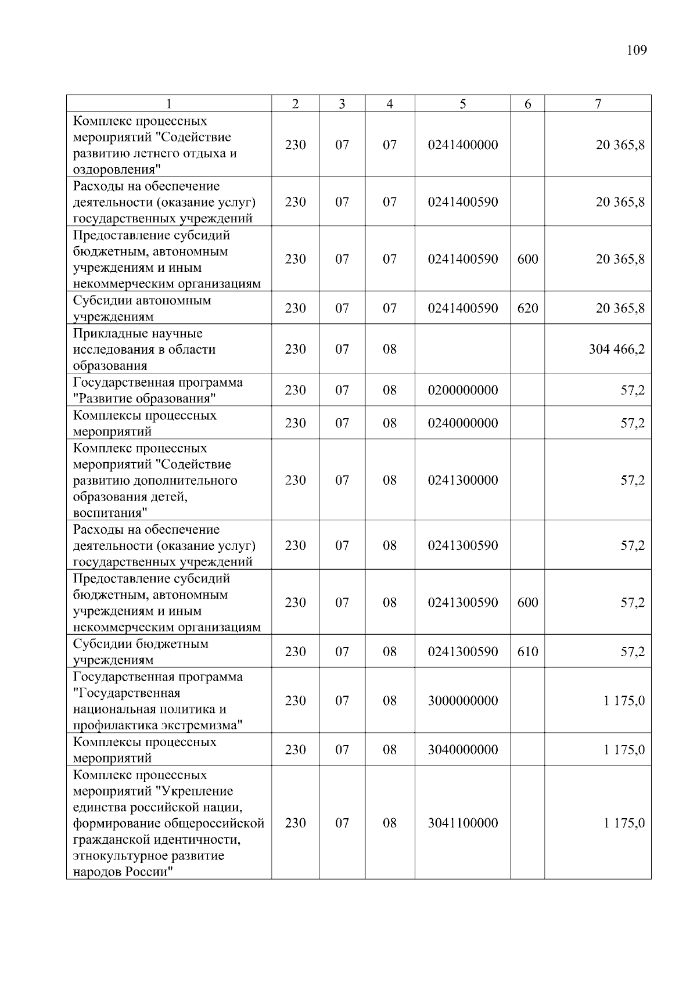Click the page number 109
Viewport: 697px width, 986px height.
point(637,50)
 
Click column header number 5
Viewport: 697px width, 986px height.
point(462,104)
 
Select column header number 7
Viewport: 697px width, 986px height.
point(598,104)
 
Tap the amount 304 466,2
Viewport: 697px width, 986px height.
point(616,349)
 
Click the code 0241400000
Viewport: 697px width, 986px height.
point(462,145)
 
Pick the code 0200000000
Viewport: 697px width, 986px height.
point(462,390)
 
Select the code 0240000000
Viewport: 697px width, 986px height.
point(462,423)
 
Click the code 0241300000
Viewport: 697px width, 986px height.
point(462,480)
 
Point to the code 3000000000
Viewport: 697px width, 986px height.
point(462,701)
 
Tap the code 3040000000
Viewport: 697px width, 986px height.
point(462,750)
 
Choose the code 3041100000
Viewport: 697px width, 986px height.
point(462,823)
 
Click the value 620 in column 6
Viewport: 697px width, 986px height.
point(527,308)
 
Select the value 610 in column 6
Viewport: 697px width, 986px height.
point(527,652)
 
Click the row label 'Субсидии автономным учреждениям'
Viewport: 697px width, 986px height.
point(142,308)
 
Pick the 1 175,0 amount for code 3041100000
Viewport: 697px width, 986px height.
point(624,823)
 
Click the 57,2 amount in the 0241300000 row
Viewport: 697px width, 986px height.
point(632,480)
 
